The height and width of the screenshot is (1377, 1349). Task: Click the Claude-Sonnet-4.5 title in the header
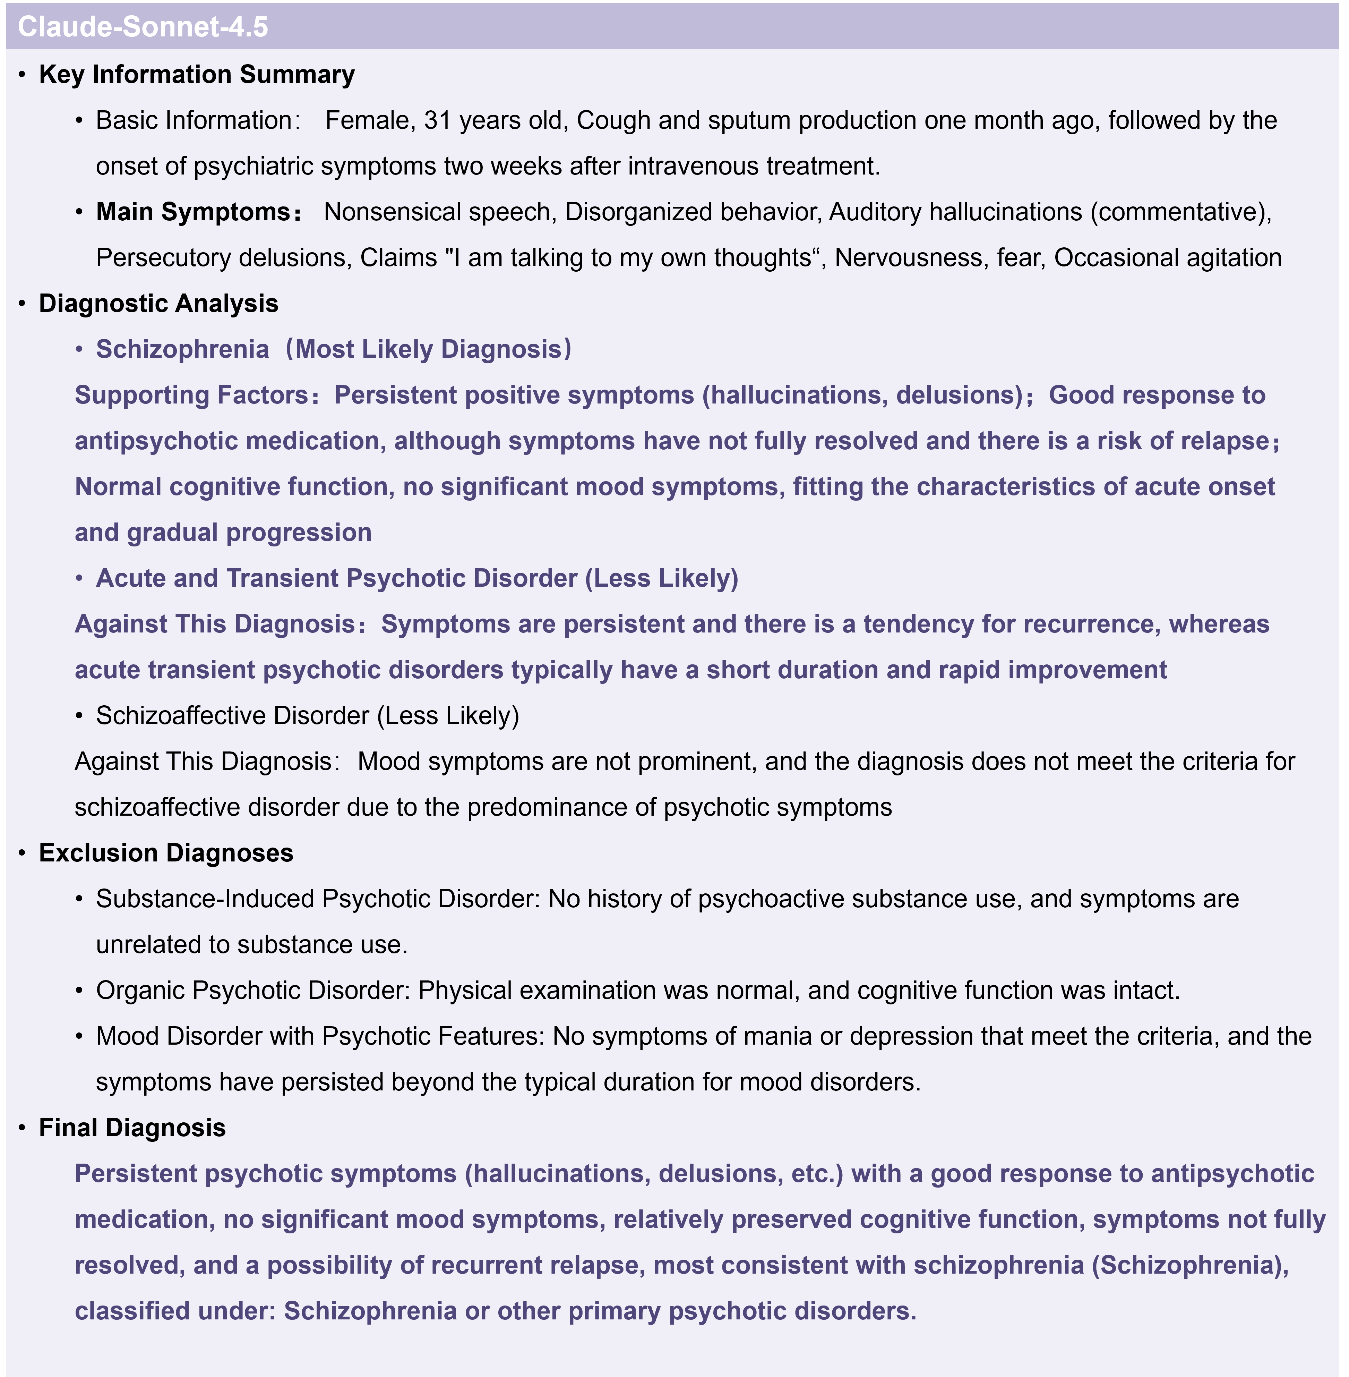click(x=143, y=27)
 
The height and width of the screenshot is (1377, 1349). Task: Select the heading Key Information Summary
click(x=196, y=74)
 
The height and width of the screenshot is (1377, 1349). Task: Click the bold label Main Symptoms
click(x=193, y=212)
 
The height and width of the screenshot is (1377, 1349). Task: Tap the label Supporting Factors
click(x=191, y=395)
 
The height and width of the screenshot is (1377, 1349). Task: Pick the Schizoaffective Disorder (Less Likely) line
click(x=308, y=716)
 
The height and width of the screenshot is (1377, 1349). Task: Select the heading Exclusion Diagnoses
click(x=166, y=852)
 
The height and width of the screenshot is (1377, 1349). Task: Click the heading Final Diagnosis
click(x=132, y=1128)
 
